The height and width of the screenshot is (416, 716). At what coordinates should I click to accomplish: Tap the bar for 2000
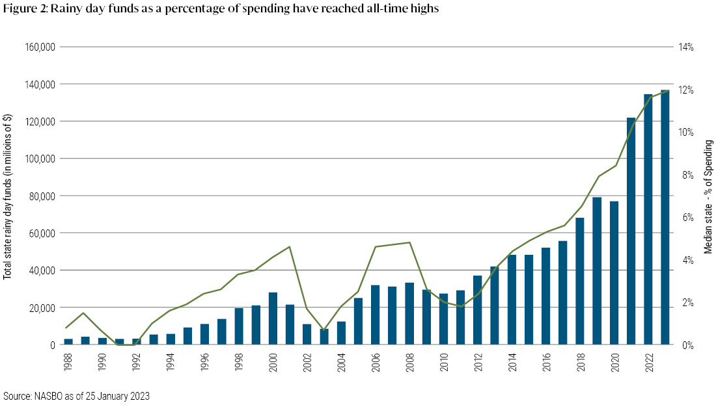click(x=273, y=318)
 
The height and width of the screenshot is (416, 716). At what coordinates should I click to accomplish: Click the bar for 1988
click(x=68, y=341)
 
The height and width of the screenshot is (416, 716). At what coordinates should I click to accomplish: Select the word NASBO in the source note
click(x=44, y=395)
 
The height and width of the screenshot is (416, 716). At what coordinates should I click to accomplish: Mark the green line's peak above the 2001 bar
click(x=290, y=246)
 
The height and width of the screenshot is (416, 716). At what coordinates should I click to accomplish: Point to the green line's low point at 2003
click(x=324, y=330)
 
